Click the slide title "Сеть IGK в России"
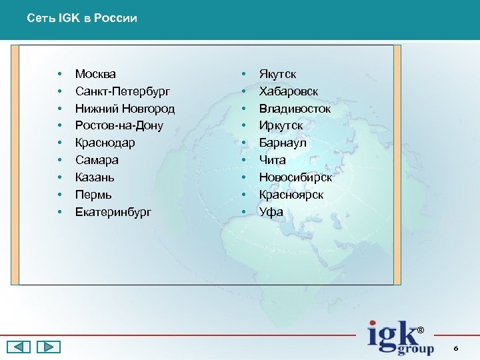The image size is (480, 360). click(82, 19)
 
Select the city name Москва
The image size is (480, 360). click(95, 74)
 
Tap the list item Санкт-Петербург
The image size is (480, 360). click(123, 91)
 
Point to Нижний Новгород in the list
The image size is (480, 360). click(125, 109)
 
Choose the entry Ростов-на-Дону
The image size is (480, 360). click(119, 126)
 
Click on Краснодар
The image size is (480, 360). click(105, 143)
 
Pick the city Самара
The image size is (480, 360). click(97, 161)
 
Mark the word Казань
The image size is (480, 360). click(95, 178)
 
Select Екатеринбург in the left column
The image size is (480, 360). click(113, 213)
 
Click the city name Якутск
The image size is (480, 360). click(277, 74)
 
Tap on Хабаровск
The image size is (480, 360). click(289, 91)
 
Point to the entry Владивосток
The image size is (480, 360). click(295, 109)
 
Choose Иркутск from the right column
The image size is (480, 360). click(281, 126)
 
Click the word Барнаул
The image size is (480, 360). click(282, 143)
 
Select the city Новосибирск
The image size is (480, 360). click(295, 178)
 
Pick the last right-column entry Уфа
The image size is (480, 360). click(271, 213)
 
